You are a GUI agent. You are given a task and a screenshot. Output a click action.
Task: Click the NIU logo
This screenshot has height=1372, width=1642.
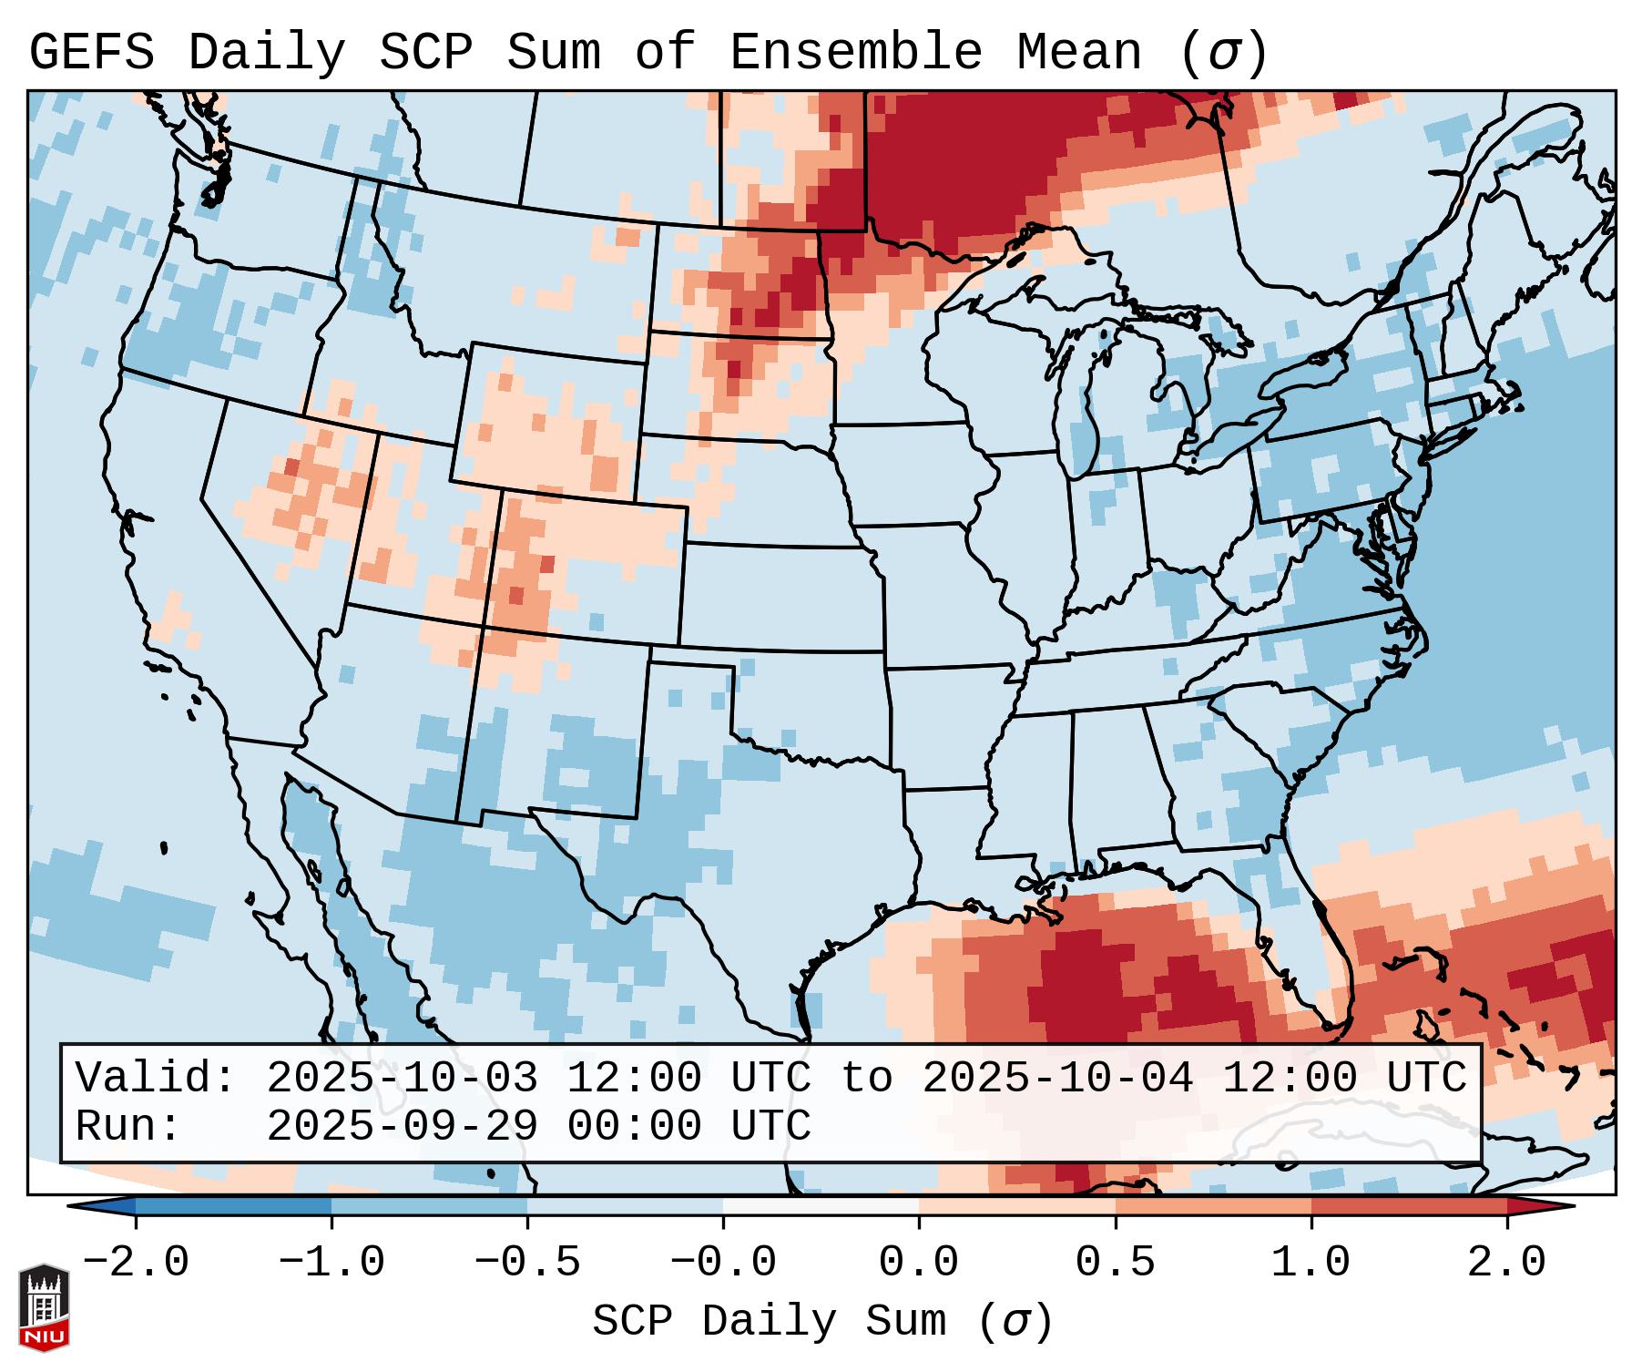(x=44, y=1306)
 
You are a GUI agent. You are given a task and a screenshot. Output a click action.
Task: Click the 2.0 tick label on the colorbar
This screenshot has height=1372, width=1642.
(x=1506, y=1263)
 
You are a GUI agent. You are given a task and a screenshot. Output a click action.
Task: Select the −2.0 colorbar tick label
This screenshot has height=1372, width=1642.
(x=136, y=1263)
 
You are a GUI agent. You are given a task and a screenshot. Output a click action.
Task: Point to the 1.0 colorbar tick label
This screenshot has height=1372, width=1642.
(x=1311, y=1263)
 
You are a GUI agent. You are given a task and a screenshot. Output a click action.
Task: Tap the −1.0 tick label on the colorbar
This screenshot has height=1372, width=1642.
(x=331, y=1263)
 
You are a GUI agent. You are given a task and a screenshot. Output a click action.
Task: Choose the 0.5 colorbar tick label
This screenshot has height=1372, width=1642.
(x=1115, y=1263)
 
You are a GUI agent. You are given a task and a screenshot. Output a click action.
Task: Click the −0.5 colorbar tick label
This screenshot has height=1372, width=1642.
(x=527, y=1263)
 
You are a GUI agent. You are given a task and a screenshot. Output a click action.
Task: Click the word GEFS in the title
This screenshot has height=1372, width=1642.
(x=91, y=53)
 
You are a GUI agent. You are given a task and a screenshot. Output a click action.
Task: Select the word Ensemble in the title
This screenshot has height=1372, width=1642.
(x=855, y=53)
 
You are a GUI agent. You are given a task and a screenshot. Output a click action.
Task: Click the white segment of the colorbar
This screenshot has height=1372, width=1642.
(x=821, y=1206)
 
